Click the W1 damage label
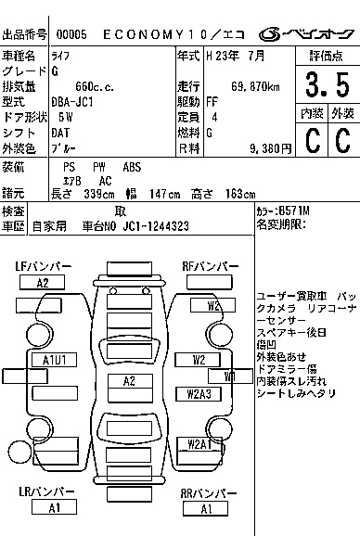pyautogui.click(x=228, y=376)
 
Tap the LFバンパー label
pyautogui.click(x=44, y=266)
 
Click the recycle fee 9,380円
pyautogui.click(x=259, y=147)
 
